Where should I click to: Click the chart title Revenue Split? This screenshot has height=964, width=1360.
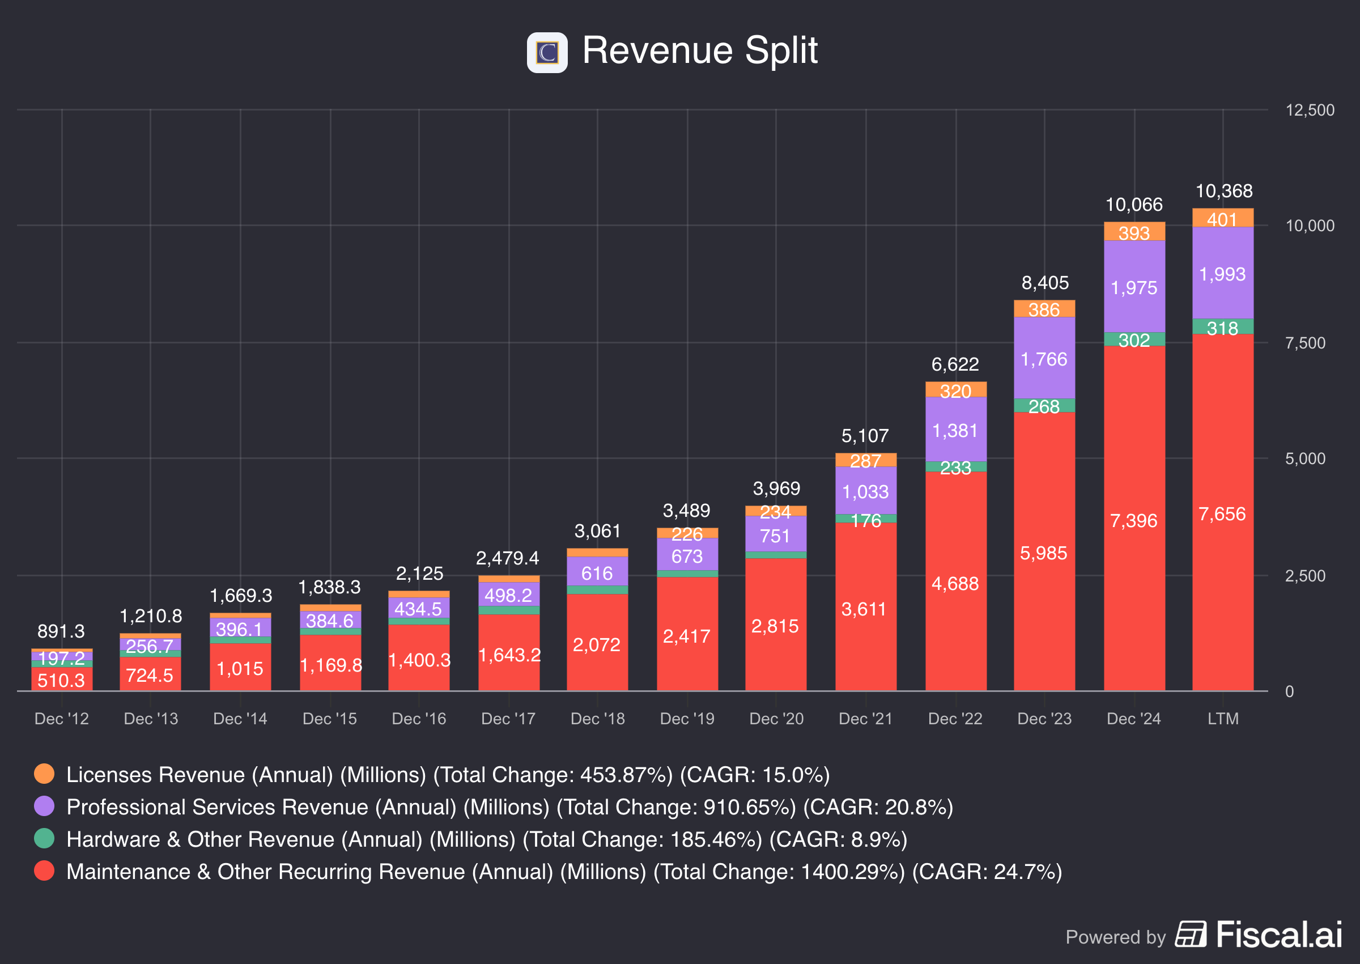tap(700, 50)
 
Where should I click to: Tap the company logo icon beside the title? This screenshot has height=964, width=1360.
tap(546, 52)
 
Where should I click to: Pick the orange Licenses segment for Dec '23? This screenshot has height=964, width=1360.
tap(1044, 309)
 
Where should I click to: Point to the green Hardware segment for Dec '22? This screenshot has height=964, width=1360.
tap(955, 467)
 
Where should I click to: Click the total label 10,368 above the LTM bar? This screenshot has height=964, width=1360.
tap(1223, 191)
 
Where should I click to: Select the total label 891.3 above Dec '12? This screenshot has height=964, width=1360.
tap(61, 631)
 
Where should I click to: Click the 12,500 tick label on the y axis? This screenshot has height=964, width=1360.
tap(1309, 111)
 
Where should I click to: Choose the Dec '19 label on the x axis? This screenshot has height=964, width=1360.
tap(687, 719)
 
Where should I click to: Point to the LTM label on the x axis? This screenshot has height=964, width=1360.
tap(1223, 719)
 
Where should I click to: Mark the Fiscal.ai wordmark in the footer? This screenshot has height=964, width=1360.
tap(1279, 935)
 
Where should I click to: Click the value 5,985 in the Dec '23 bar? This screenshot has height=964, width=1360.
tap(1043, 553)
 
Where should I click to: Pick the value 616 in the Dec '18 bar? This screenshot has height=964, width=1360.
tap(597, 574)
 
